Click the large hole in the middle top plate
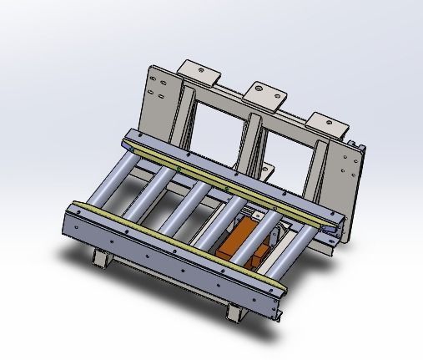259,87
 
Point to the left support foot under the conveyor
100,258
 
